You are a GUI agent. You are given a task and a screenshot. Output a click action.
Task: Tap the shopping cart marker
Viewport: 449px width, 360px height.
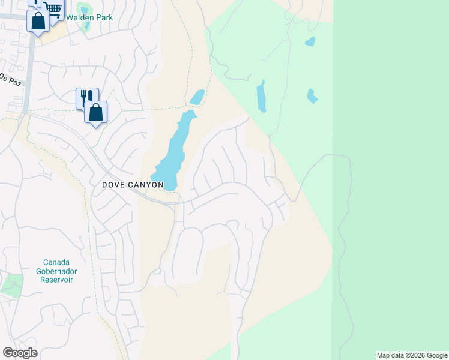[53, 8]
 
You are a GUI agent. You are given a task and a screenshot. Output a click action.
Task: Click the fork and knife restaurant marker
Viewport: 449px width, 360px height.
[86, 97]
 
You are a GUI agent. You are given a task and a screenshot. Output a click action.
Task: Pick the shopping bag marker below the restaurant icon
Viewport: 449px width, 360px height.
[95, 112]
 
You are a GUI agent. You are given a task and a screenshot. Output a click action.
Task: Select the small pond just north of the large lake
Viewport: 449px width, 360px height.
[197, 97]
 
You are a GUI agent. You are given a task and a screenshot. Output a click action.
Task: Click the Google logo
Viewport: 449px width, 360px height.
[20, 353]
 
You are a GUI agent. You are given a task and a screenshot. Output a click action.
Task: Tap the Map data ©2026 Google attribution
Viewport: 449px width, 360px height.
[412, 355]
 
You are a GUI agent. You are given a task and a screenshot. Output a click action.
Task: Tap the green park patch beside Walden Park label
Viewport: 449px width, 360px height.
[84, 8]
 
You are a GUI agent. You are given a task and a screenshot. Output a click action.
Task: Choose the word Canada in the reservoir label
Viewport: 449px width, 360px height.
[56, 262]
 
